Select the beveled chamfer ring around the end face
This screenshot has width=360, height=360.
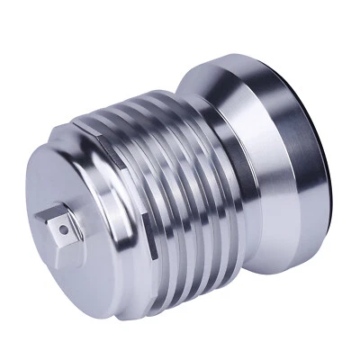pyautogui.click(x=103, y=261)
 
